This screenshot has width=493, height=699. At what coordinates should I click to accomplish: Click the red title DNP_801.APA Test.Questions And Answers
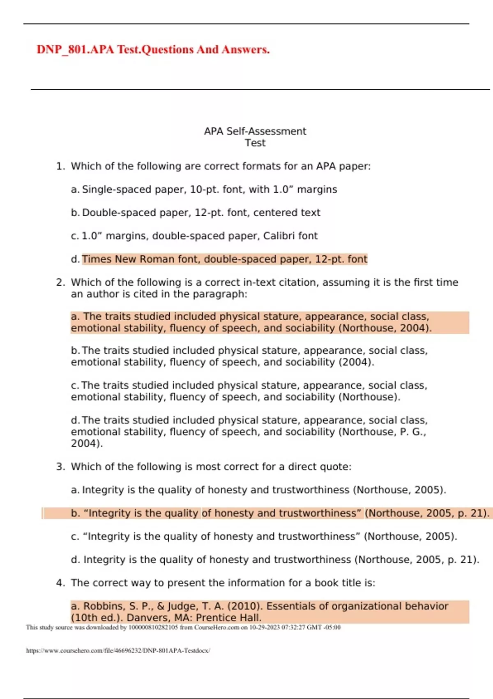tap(153, 49)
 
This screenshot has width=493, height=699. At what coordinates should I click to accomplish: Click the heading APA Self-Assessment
tap(255, 131)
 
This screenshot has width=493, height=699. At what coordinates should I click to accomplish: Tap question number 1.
tap(60, 166)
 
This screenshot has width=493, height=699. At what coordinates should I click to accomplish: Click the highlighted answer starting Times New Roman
tap(224, 259)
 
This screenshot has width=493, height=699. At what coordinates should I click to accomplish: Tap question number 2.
tap(60, 282)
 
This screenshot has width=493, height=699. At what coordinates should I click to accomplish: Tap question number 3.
tap(60, 467)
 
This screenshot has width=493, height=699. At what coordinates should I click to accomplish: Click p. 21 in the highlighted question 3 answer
tap(472, 513)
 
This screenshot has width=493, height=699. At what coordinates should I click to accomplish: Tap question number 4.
tap(60, 583)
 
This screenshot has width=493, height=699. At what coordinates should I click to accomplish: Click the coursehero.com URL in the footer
tap(118, 650)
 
